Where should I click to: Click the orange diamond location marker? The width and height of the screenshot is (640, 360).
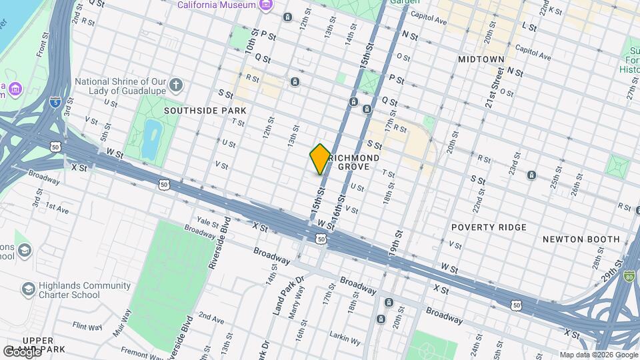click(x=320, y=159)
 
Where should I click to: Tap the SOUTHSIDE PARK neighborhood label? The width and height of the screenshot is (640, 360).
click(x=205, y=111)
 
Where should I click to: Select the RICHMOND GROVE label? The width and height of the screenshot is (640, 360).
click(x=354, y=162)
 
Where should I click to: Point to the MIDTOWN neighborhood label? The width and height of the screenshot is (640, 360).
click(x=481, y=59)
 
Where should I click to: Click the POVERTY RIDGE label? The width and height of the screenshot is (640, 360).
click(x=489, y=227)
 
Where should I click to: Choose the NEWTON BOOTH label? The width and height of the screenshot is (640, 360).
click(x=581, y=239)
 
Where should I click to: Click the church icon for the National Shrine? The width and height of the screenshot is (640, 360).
click(x=175, y=84)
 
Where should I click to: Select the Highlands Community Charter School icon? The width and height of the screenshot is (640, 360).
click(x=28, y=289)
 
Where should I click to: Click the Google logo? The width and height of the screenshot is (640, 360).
click(x=21, y=351)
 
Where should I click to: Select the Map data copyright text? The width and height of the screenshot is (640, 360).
click(x=598, y=355)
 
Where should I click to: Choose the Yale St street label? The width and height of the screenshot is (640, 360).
click(x=207, y=220)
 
